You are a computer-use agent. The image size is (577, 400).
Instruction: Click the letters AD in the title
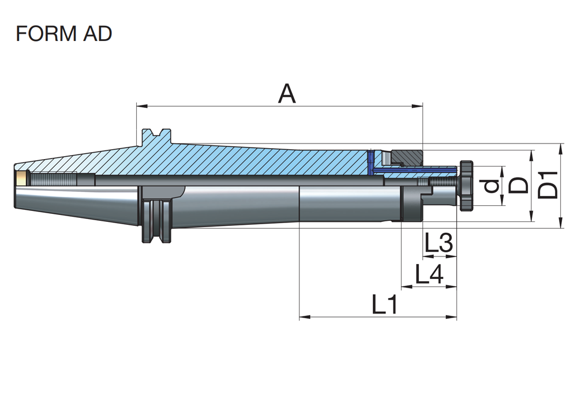(97, 33)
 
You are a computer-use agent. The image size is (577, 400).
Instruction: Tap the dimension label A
(286, 93)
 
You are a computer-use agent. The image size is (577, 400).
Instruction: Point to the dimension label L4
(430, 274)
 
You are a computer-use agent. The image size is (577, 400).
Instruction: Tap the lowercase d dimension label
(491, 186)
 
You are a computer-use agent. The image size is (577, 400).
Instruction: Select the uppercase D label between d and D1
(519, 186)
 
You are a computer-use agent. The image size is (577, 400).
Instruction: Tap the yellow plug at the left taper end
(21, 178)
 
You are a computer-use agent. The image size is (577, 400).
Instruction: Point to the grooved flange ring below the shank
(156, 222)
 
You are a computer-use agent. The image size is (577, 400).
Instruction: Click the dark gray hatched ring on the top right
(407, 157)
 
